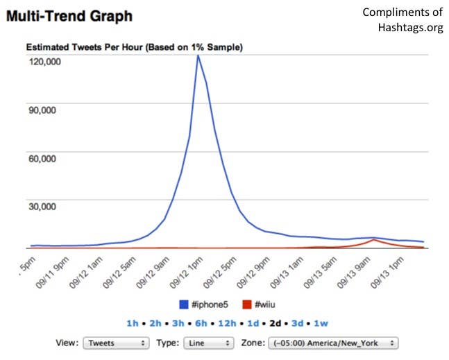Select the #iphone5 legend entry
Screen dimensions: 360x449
click(204, 304)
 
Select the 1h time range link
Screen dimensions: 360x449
click(133, 323)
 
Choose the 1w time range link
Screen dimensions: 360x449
click(320, 323)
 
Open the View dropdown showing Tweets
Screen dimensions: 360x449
click(115, 343)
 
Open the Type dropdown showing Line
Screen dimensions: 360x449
click(208, 343)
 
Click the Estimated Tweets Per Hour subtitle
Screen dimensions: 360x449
click(134, 47)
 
